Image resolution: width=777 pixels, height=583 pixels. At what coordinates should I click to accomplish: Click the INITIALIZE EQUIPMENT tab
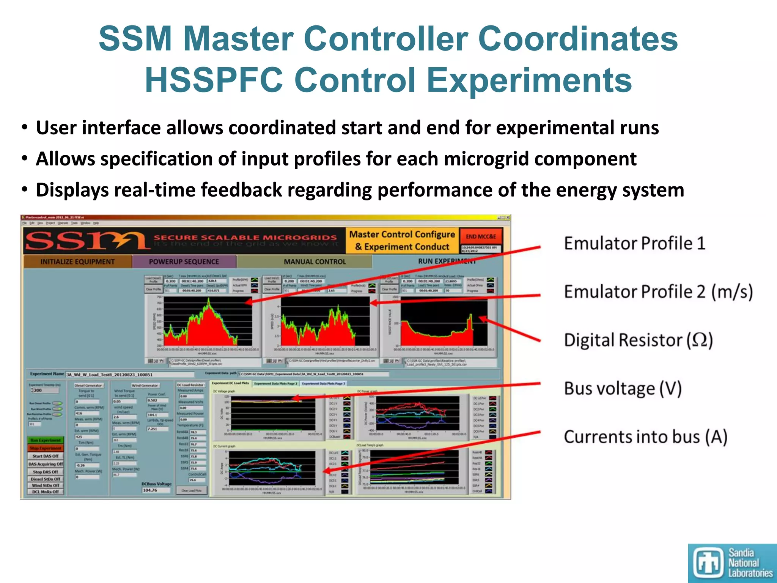pos(77,262)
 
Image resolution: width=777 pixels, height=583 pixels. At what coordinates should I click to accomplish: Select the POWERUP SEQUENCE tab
pos(184,262)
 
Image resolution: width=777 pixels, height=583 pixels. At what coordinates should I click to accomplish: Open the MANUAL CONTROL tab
pos(315,262)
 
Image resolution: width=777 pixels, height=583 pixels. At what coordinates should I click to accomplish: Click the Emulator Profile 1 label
pos(634,244)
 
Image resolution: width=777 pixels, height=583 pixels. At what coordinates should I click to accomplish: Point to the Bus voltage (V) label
pos(623,389)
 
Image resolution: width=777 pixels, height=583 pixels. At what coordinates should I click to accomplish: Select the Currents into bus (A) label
pos(645,437)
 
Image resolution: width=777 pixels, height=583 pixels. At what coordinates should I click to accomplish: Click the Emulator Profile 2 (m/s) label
pos(658,292)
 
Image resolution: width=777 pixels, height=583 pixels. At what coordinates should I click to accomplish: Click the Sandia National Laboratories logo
pos(732,563)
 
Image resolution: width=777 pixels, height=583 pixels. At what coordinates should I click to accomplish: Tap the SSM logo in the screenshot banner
pos(87,241)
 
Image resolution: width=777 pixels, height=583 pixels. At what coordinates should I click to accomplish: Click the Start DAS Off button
pos(46,456)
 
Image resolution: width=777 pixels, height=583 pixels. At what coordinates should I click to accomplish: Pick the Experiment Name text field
pos(129,375)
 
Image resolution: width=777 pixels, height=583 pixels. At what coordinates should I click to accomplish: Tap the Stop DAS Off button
pos(46,472)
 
